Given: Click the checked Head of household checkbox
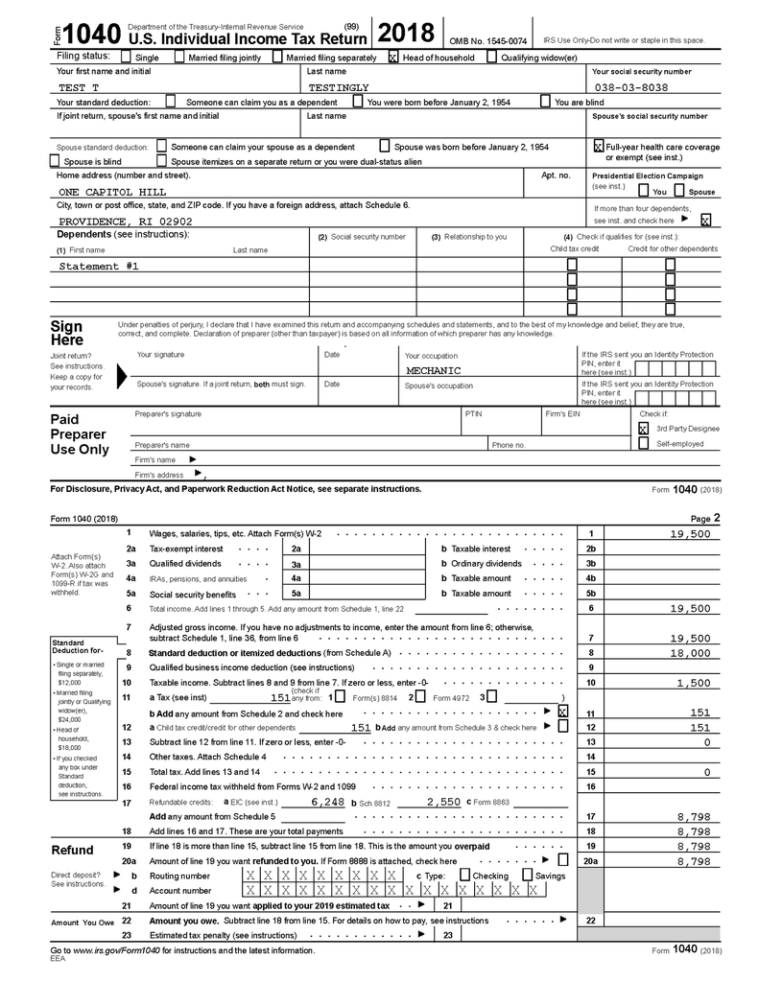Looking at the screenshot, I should pos(392,58).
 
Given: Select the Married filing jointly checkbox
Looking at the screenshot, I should pos(179,58).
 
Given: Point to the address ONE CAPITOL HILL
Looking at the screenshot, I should pos(112,192).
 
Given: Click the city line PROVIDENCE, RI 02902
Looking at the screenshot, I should pos(119,222).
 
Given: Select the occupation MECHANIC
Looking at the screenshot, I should pos(433,370).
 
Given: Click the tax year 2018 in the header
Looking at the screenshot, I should pos(407,35).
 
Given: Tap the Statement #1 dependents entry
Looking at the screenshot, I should pos(99,266).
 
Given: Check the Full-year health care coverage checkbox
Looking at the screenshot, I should pos(598,147).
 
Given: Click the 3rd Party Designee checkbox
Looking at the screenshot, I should pos(643,429).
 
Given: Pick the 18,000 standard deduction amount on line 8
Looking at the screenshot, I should pos(691,653).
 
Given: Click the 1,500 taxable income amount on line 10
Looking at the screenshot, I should pos(693,683).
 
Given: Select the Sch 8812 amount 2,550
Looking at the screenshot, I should pos(443,801).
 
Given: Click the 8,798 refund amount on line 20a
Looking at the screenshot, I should pos(693,862).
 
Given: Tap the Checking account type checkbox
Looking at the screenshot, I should pos(464,876).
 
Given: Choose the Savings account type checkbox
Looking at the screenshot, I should pos(528,876).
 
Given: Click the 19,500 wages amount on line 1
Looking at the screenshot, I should pos(690,534).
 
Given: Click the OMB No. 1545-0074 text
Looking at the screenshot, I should pos(488,41).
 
